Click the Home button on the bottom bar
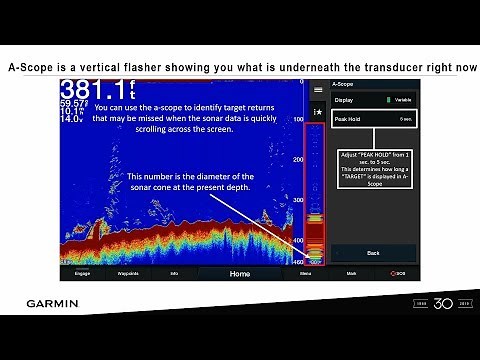tap(240, 273)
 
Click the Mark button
tap(351, 273)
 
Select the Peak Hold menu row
tap(373, 119)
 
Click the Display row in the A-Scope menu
tap(373, 100)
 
